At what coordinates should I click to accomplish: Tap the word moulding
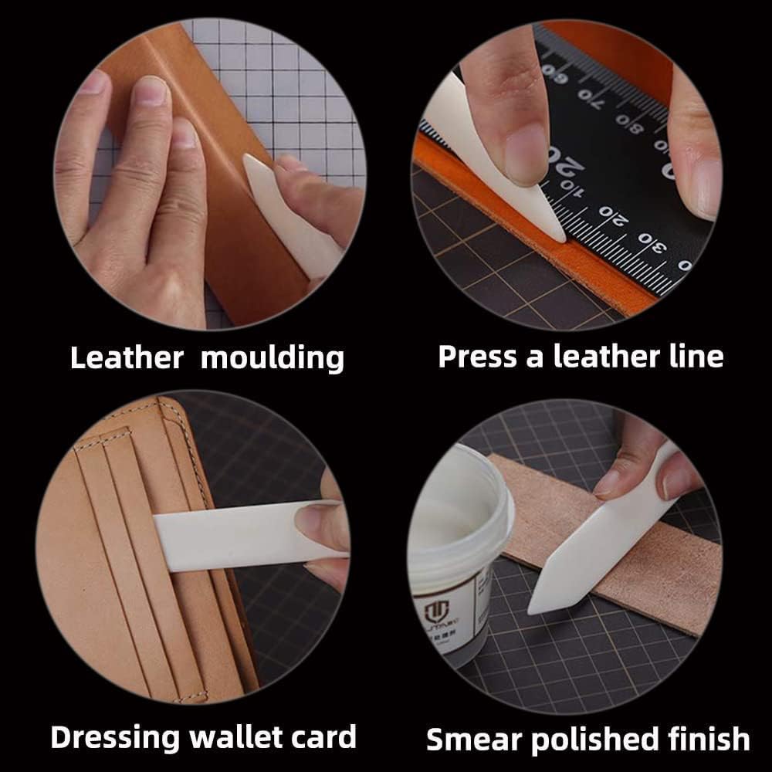point(273,358)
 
